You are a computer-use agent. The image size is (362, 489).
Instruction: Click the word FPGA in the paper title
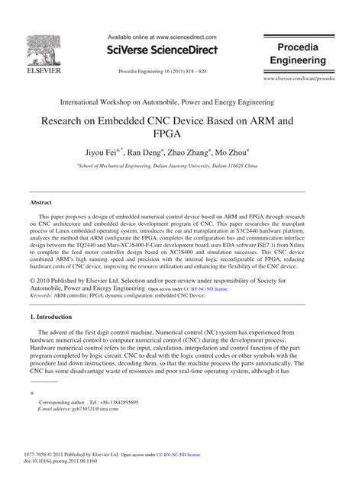[181, 134]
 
